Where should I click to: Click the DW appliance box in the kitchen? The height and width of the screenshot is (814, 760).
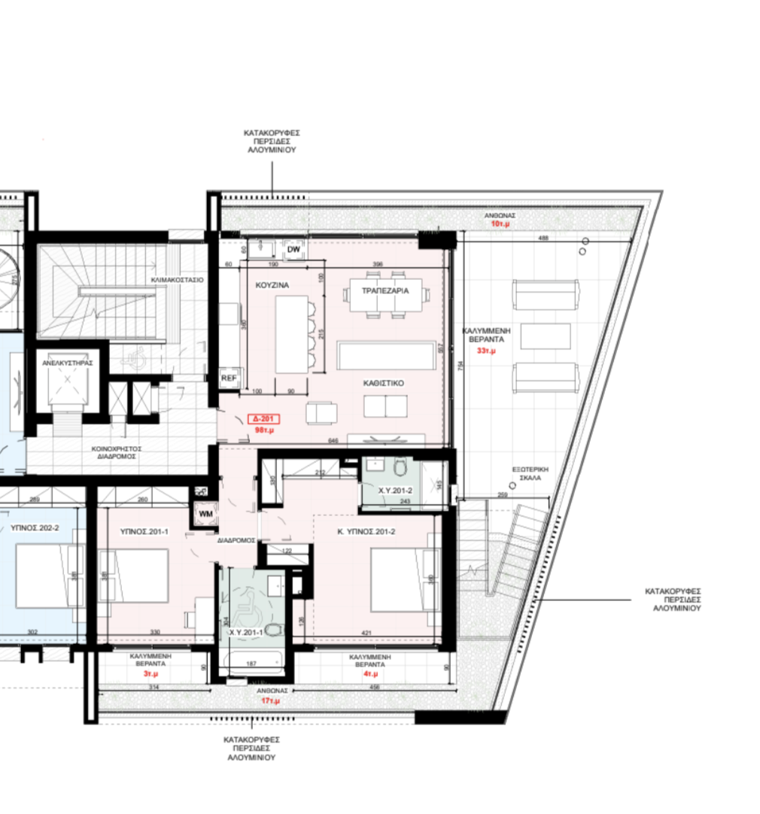tap(294, 248)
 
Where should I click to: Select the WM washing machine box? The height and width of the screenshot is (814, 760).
tap(205, 513)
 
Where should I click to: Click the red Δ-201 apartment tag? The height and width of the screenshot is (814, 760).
tap(266, 419)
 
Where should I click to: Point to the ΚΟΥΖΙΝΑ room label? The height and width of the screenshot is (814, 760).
tap(272, 286)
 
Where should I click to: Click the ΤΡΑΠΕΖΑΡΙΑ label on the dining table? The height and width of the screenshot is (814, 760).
tap(385, 290)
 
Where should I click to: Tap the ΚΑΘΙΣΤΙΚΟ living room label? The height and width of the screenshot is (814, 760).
tap(384, 383)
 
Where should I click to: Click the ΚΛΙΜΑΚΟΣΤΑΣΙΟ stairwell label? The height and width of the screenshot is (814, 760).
tap(177, 279)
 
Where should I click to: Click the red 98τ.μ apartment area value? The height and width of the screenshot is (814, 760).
tap(264, 431)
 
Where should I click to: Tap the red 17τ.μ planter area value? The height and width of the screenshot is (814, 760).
tap(271, 700)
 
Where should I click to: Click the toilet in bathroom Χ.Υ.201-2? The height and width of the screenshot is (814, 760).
tap(400, 470)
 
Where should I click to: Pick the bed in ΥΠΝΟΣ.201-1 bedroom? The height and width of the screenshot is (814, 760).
tap(134, 576)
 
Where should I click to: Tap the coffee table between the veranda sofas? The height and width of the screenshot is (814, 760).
tap(546, 336)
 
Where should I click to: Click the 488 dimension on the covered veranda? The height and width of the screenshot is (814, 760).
tap(543, 238)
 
